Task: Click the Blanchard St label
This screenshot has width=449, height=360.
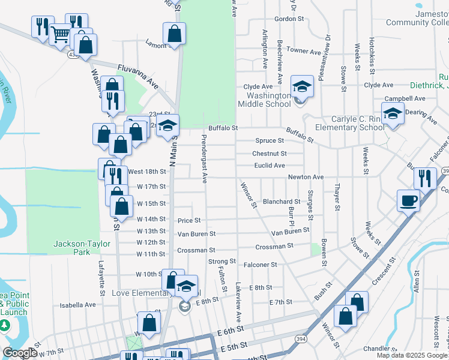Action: click(x=281, y=202)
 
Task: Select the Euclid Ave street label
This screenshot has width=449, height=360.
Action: click(x=269, y=165)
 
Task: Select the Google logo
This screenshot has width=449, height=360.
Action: click(x=20, y=353)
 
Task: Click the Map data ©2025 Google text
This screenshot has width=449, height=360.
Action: click(x=412, y=355)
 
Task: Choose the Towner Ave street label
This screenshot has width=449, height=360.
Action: click(x=304, y=51)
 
